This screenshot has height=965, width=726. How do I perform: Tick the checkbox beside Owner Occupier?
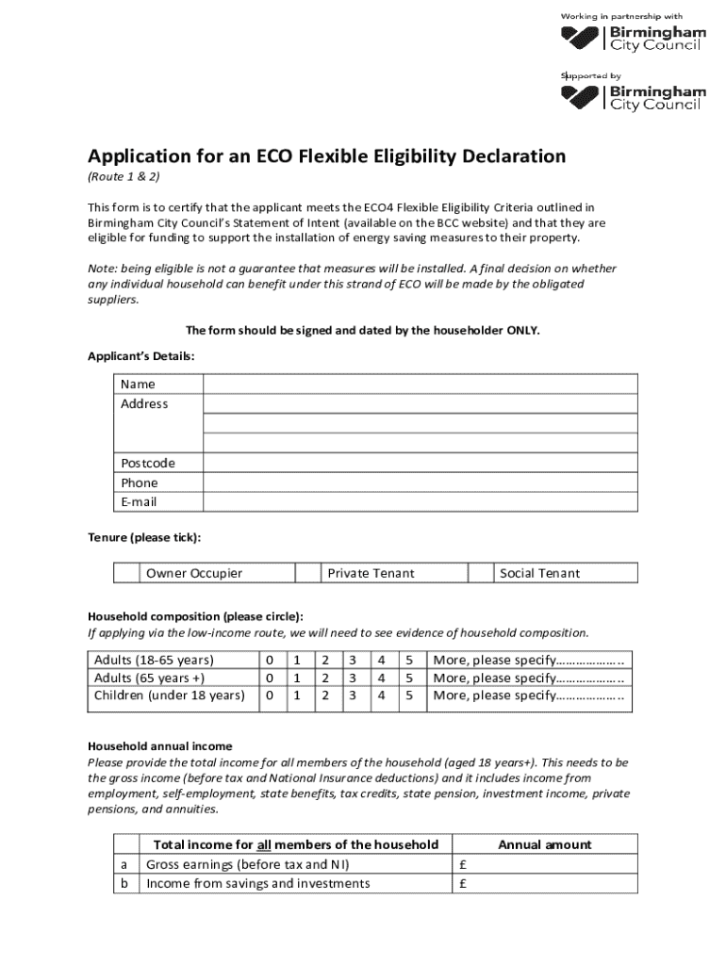click(x=126, y=573)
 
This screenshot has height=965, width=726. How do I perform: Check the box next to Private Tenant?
click(x=307, y=573)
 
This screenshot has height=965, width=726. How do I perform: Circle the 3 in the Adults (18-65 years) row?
click(x=352, y=659)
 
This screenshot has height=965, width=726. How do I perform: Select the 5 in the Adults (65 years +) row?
click(x=409, y=678)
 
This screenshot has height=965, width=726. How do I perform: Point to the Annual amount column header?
click(x=544, y=844)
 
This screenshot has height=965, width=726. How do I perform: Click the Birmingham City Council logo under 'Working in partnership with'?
click(x=633, y=38)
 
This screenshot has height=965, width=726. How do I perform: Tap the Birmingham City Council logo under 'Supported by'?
click(x=633, y=97)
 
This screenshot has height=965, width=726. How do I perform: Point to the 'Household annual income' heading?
click(x=159, y=746)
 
